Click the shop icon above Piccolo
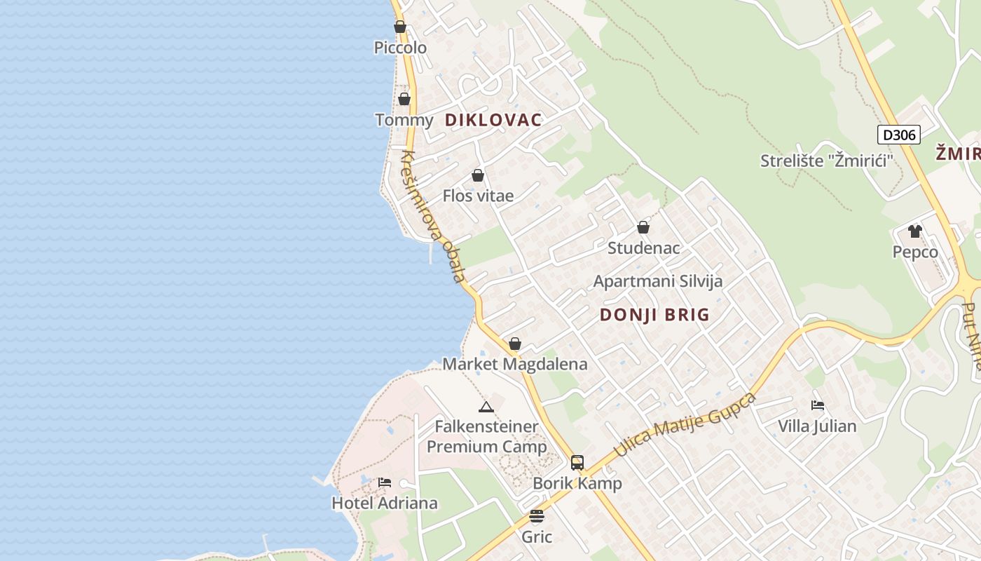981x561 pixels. [x=400, y=27]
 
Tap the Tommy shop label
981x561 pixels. [x=404, y=120]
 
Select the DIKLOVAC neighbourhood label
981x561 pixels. [x=493, y=120]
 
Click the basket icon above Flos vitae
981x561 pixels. [x=478, y=175]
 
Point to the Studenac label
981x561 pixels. [x=643, y=248]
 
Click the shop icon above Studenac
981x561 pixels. [x=643, y=228]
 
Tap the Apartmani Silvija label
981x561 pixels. [x=657, y=281]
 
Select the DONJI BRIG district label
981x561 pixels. [x=654, y=315]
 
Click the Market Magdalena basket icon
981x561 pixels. [x=515, y=344]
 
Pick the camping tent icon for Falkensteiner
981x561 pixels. [x=486, y=407]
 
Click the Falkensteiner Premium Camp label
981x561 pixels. [x=486, y=436]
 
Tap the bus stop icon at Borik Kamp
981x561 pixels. [x=577, y=463]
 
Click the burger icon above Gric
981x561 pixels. [x=537, y=517]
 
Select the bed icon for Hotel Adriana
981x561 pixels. [x=385, y=482]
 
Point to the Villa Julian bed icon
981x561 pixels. [x=817, y=405]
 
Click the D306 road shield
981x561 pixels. [x=898, y=135]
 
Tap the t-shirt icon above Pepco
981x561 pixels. [x=914, y=231]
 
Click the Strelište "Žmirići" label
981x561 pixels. [x=827, y=161]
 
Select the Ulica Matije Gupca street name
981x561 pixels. [x=685, y=425]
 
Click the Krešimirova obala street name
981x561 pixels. [x=434, y=217]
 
